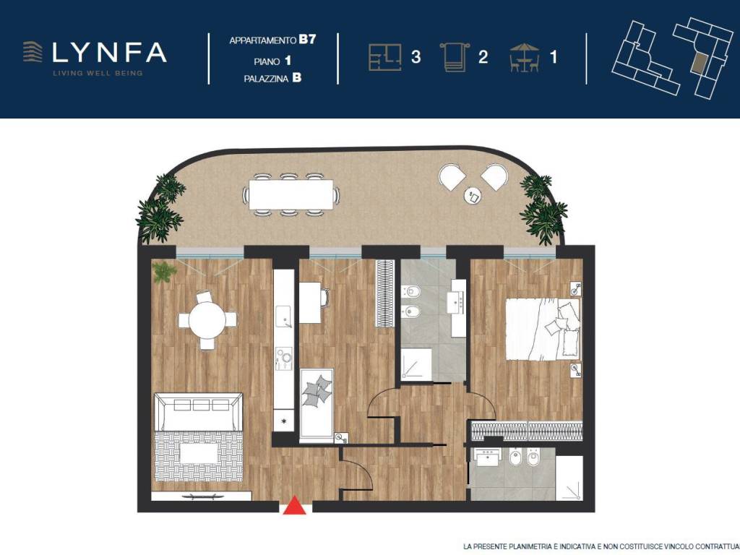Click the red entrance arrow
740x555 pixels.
coord(295,504)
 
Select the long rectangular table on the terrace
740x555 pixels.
coord(291,194)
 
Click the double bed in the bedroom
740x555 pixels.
coord(543,329)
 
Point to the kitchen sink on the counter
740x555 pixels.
coord(283,317)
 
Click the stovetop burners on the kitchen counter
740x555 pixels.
coord(284,358)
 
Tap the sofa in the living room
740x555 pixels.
coord(199,412)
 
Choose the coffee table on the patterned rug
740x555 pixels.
coord(199,454)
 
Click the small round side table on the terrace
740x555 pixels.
coord(473,195)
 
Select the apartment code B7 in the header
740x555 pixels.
coord(306,39)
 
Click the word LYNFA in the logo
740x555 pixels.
coord(109,52)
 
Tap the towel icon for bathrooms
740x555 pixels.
coord(455,57)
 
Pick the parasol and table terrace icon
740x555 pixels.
coord(525,57)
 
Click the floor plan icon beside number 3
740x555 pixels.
coord(384,57)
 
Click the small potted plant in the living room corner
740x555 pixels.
coord(164,272)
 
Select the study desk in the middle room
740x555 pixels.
coord(310,303)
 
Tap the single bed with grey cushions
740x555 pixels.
coord(317,406)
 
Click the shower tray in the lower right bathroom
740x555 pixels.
coord(569,478)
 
